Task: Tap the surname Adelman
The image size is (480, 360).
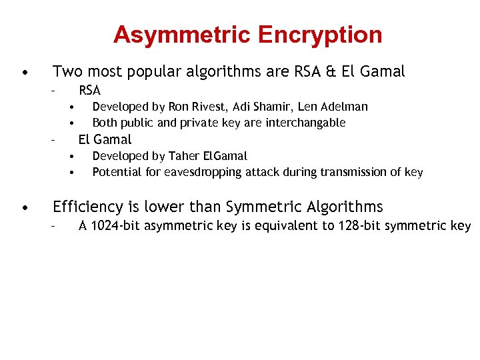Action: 344,107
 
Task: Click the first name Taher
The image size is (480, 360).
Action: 186,156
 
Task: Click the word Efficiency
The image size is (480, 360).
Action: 87,207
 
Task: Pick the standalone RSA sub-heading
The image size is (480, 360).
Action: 89,90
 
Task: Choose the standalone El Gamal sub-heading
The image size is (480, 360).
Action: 105,139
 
